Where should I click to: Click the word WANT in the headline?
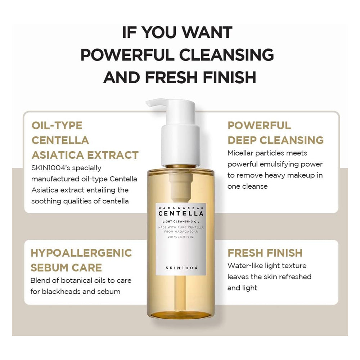(207, 32)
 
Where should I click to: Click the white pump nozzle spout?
(156, 103)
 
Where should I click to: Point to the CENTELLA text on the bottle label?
(181, 213)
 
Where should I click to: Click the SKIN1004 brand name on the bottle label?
(181, 268)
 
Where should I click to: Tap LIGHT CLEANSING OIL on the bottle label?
(181, 221)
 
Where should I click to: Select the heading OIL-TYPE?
(57, 126)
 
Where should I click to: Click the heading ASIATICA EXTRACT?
(85, 155)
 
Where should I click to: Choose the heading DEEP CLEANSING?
(275, 140)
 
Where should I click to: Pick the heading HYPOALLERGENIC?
(81, 253)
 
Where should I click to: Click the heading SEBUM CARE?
(66, 268)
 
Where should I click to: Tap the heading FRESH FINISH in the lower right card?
(265, 253)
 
